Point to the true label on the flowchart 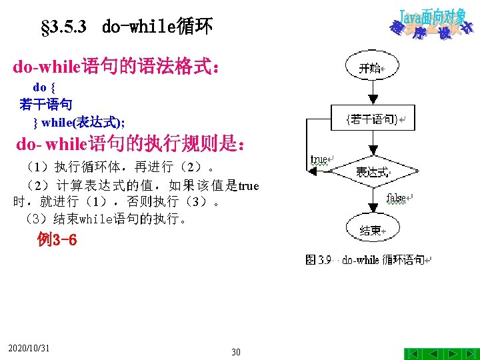coord(319,159)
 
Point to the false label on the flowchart coord(396,198)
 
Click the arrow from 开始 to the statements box coord(373,93)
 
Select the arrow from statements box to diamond coord(373,143)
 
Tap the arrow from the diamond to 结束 coord(373,201)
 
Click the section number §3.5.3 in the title coord(64,27)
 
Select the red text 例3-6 coord(57,239)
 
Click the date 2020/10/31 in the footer coord(29,348)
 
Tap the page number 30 coord(236,352)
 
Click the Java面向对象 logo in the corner coord(431,25)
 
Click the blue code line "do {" coord(44,87)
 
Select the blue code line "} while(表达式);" coord(79,123)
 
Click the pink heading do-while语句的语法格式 coord(116,66)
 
